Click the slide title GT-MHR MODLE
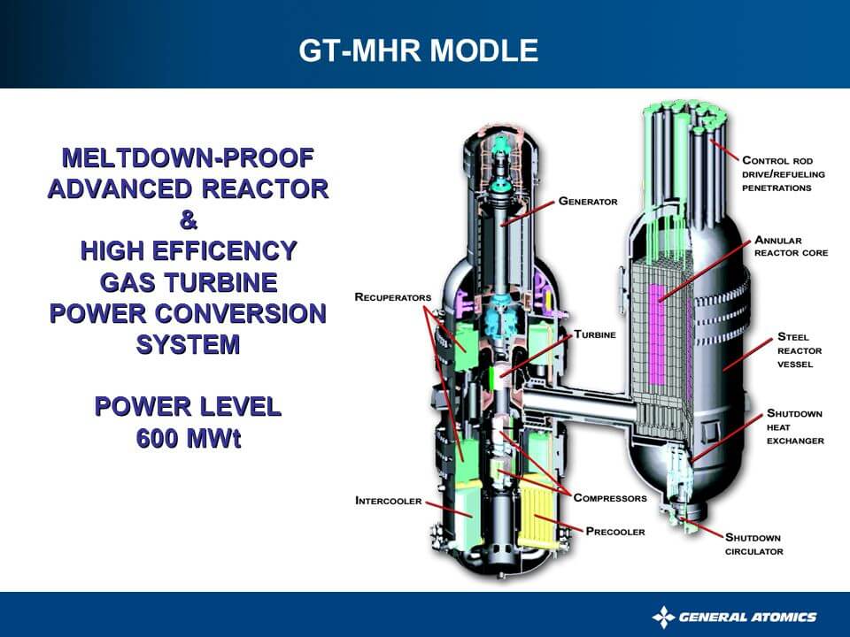[418, 50]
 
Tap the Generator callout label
[587, 202]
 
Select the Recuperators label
[392, 297]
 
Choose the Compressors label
[609, 498]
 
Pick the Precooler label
[615, 532]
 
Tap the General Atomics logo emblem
[663, 617]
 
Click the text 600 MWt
[188, 438]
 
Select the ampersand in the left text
[188, 220]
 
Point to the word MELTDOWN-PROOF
[188, 158]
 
